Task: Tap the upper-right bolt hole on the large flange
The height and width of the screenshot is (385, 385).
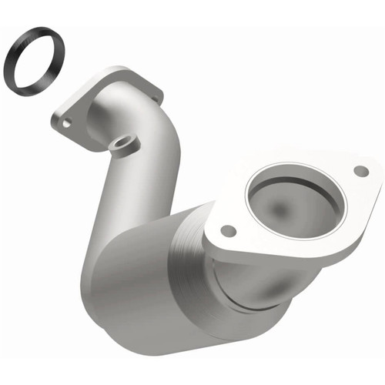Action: (359, 171)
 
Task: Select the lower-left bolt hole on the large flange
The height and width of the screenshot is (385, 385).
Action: (227, 229)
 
